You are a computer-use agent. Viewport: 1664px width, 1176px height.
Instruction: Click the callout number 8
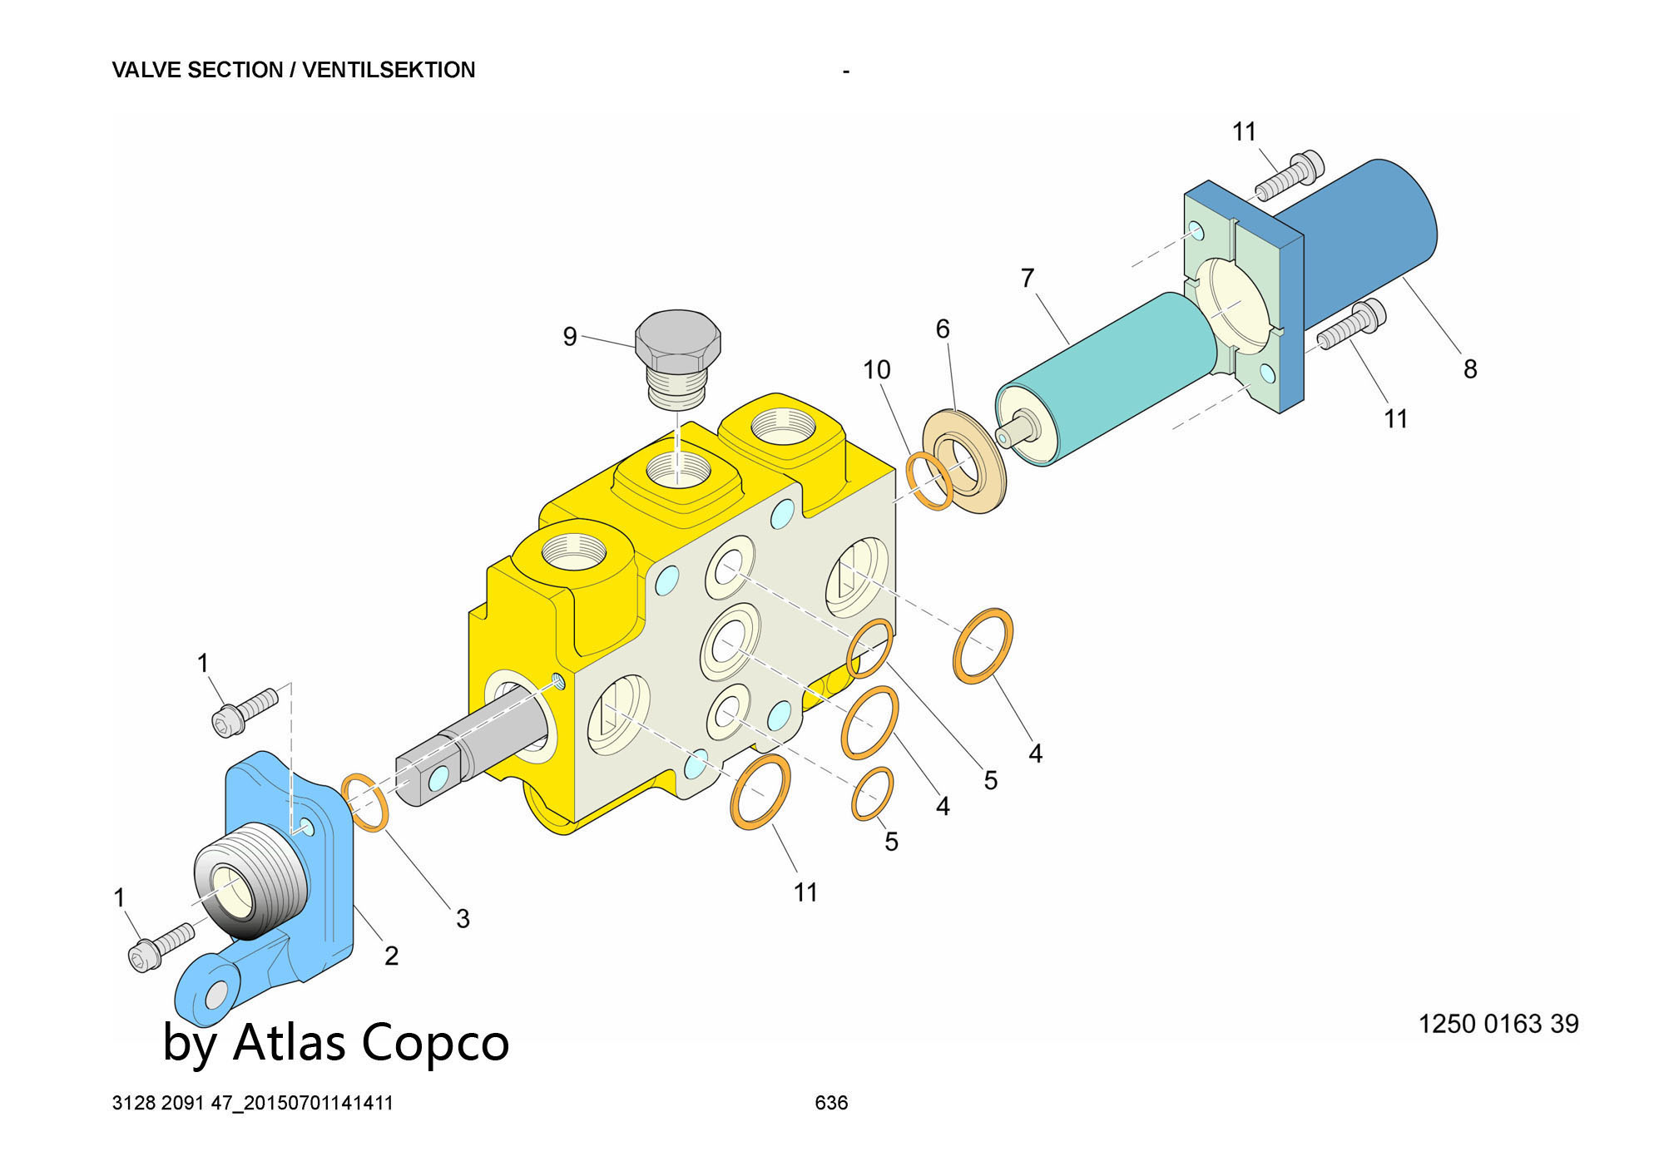point(1470,368)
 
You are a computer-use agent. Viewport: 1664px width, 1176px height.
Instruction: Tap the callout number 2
point(391,956)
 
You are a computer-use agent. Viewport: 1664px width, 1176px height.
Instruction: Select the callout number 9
point(570,337)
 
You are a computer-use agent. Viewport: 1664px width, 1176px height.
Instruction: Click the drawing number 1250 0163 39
point(1498,1023)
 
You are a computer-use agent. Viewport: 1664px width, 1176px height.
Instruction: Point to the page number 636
point(831,1103)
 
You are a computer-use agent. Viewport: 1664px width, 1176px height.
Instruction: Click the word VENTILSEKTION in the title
point(389,70)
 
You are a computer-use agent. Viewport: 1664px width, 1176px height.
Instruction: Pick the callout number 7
point(1028,278)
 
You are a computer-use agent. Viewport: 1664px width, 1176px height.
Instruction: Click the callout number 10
point(876,369)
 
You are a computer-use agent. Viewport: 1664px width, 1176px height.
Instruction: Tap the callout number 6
point(942,329)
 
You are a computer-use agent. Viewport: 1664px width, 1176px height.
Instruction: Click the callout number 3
point(463,918)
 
